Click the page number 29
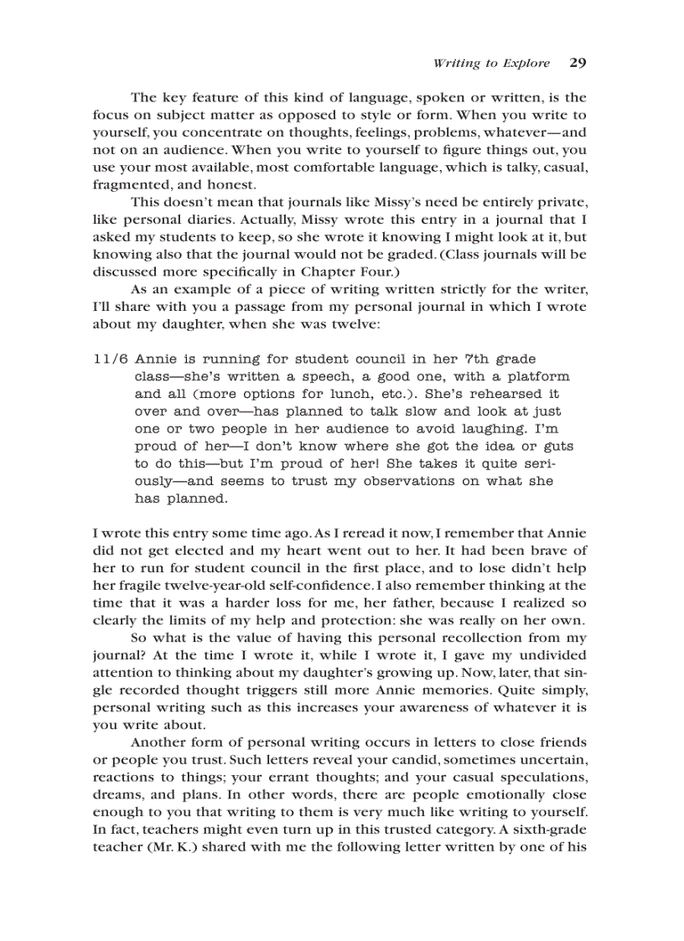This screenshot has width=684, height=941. click(577, 63)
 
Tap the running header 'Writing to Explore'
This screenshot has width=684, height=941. click(491, 64)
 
